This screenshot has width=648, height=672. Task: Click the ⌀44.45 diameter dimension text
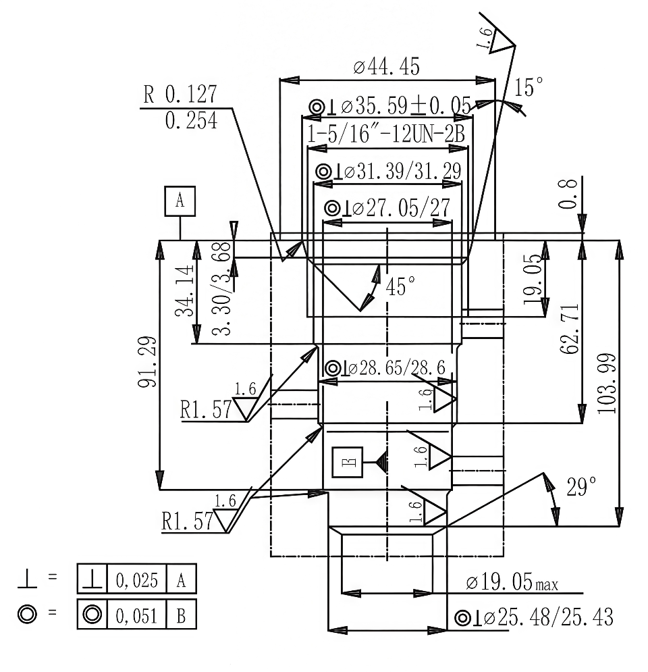click(x=386, y=67)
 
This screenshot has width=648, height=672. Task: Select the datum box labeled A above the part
click(x=180, y=201)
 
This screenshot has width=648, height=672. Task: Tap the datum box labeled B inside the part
click(x=348, y=462)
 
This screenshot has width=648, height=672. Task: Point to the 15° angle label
click(x=529, y=87)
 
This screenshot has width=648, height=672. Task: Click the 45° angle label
click(x=400, y=286)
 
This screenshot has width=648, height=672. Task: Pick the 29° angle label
click(x=581, y=487)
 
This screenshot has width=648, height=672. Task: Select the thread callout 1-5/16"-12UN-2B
click(x=386, y=134)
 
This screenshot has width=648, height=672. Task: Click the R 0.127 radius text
click(x=180, y=95)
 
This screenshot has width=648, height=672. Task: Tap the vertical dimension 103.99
click(x=607, y=384)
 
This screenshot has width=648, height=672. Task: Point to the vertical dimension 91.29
click(x=147, y=362)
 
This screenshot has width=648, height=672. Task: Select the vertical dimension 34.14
click(x=184, y=290)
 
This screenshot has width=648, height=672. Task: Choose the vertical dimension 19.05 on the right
click(x=533, y=279)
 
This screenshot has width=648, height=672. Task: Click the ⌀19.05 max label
click(x=512, y=582)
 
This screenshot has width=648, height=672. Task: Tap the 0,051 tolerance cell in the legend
click(x=136, y=616)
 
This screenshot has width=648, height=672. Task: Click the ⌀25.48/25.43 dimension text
click(x=534, y=617)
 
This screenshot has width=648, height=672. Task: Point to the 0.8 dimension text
click(x=568, y=194)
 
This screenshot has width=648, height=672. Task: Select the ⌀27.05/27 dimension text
click(x=387, y=208)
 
